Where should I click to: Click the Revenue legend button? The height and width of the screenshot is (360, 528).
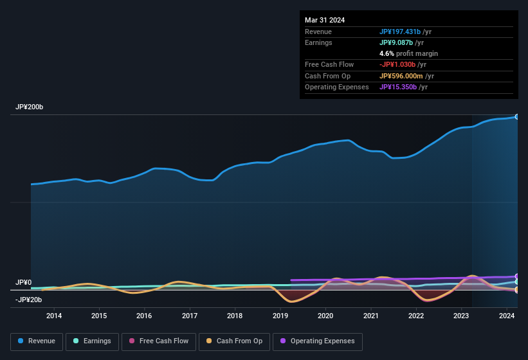37,341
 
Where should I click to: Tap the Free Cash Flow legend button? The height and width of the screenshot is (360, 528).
158,341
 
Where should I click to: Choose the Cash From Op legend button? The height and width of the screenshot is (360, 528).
235,341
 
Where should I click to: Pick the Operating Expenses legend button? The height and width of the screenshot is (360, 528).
318,341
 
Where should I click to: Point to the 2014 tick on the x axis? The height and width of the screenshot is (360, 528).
54,316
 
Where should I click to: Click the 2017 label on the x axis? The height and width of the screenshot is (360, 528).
190,316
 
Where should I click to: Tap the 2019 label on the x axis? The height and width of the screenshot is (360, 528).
280,316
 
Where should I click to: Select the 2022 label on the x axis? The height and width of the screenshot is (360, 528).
416,316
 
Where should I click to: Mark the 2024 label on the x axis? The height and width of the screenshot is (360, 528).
507,316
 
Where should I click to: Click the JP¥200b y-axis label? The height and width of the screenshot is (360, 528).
30,107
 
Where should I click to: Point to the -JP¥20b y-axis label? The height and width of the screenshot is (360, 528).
29,300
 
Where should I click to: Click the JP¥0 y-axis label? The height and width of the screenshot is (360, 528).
24,283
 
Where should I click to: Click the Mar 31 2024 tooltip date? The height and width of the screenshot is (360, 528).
325,20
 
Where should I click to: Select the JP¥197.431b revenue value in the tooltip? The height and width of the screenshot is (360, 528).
399,32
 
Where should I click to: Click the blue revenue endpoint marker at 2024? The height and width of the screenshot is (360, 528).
517,116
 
